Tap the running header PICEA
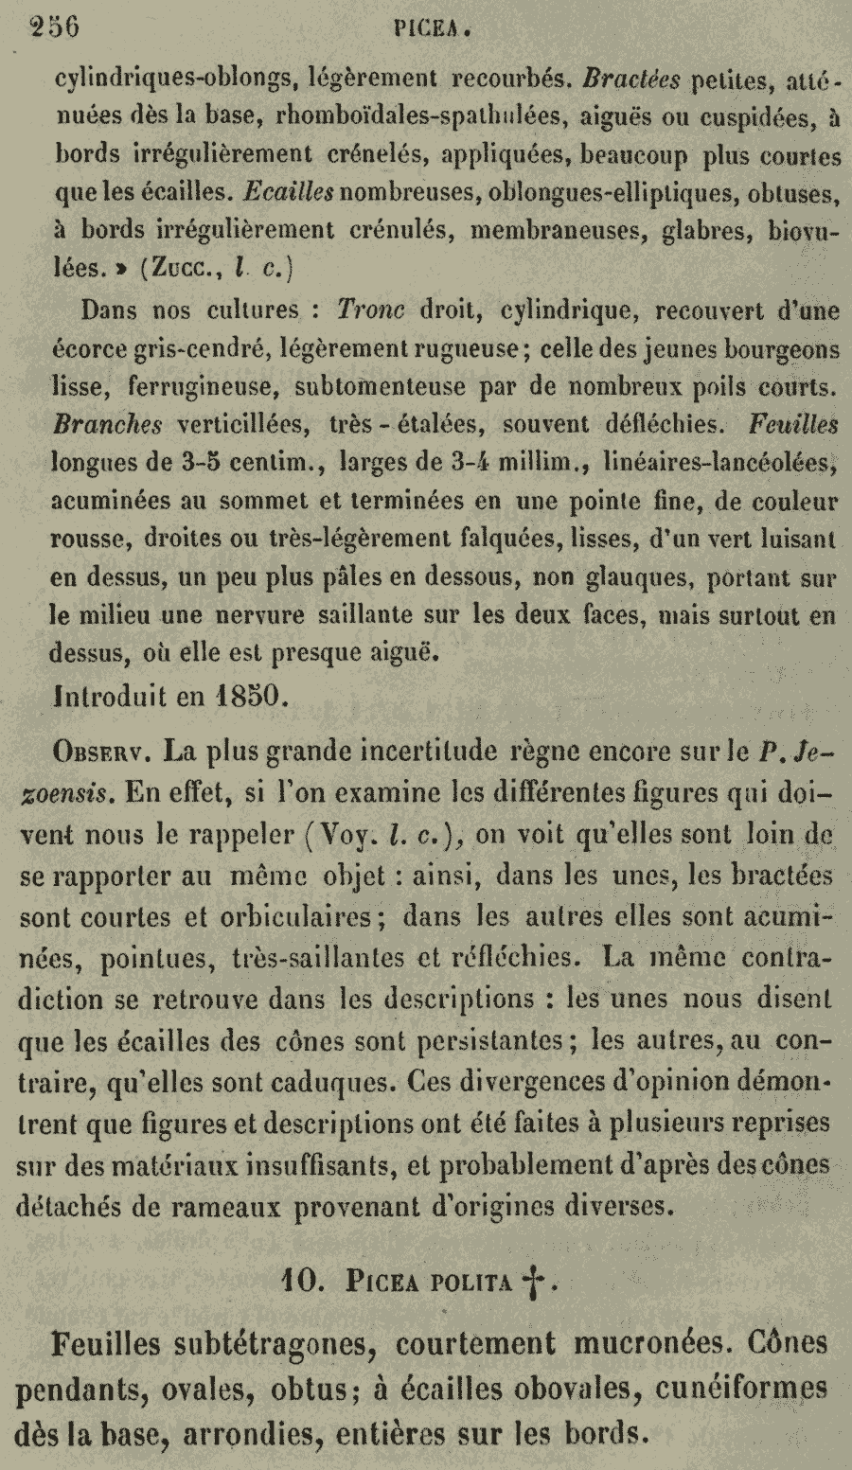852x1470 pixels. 432,29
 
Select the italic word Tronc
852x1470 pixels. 371,311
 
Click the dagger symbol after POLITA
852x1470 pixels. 534,1284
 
